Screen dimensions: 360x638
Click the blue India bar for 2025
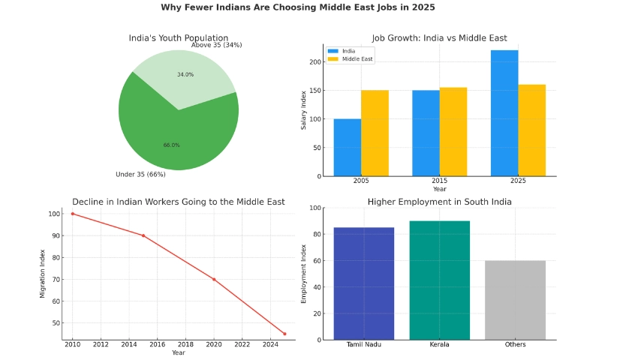point(504,112)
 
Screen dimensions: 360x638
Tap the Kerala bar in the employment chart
point(439,280)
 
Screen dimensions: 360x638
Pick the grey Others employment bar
point(515,300)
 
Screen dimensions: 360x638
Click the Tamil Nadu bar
point(363,283)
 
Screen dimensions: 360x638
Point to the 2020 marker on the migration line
point(214,279)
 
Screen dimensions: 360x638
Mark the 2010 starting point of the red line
point(73,214)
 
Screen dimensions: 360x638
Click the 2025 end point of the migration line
point(284,334)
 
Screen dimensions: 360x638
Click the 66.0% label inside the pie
point(172,145)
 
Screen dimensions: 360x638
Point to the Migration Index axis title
point(43,274)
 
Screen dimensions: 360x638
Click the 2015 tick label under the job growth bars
point(439,182)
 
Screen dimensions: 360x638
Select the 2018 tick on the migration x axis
point(185,344)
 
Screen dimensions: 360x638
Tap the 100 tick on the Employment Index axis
point(316,208)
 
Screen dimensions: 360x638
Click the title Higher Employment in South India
point(439,202)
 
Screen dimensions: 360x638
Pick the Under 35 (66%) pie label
point(140,175)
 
